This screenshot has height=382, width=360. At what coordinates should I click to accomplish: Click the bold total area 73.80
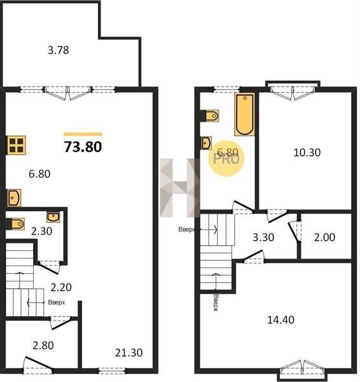[83, 147]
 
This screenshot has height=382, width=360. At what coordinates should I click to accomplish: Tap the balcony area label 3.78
[58, 50]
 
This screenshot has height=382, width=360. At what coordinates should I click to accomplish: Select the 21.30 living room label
[128, 353]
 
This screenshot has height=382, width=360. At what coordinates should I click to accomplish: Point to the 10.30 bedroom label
[307, 153]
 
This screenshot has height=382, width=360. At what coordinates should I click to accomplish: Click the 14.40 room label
[280, 320]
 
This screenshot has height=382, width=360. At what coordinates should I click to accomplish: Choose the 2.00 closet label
[324, 237]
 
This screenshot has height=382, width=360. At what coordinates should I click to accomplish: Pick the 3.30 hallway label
[263, 237]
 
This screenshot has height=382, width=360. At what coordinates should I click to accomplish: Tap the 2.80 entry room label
[43, 345]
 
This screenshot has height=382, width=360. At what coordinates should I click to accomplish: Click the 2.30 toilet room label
[41, 231]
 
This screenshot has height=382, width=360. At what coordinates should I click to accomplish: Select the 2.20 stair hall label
[61, 287]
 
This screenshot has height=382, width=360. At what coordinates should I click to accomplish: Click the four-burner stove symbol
[16, 145]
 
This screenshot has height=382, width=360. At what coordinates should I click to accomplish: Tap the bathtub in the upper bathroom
[245, 114]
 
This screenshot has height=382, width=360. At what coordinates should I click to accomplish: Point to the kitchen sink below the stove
[13, 198]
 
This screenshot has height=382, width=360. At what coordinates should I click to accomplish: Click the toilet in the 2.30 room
[17, 223]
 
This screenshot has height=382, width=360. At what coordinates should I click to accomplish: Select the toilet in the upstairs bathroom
[211, 116]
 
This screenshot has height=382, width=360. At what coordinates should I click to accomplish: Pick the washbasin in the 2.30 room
[53, 217]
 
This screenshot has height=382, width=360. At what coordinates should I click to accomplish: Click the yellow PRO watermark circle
[226, 158]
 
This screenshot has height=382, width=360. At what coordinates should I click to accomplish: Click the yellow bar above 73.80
[83, 134]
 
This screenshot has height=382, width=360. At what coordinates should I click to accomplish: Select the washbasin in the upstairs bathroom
[207, 143]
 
